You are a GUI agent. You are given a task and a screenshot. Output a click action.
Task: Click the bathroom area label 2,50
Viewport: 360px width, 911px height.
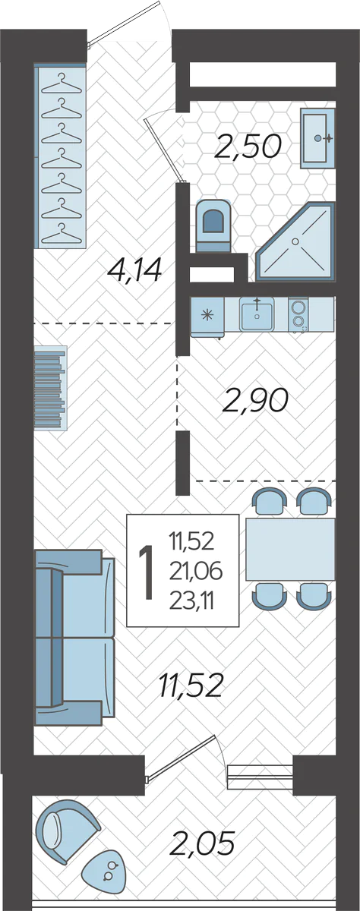pos(248,147)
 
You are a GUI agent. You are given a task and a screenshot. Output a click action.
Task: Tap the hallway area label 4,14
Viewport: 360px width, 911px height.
pos(134,270)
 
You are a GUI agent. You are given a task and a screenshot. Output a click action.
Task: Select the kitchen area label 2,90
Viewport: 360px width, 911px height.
pos(255,400)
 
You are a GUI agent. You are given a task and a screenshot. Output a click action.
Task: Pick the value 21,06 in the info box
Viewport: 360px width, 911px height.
pos(196,572)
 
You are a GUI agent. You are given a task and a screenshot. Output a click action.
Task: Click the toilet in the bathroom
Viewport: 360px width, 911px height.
pos(213,225)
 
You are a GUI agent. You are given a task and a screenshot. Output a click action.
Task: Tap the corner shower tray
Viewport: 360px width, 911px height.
pos(295,241)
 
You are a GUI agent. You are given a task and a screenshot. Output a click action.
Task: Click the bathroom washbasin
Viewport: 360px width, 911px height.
pos(317,138)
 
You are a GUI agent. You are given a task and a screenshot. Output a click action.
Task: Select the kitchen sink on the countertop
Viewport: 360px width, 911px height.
pos(257,314)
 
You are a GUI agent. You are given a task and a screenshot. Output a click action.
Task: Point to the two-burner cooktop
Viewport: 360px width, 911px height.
pos(298,314)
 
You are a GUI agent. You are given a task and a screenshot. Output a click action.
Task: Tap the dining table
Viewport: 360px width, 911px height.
pos(290,550)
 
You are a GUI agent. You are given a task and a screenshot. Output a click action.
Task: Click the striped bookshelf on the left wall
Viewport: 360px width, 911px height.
pos(50,388)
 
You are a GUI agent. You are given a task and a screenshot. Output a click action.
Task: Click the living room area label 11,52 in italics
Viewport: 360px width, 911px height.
pos(191,685)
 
